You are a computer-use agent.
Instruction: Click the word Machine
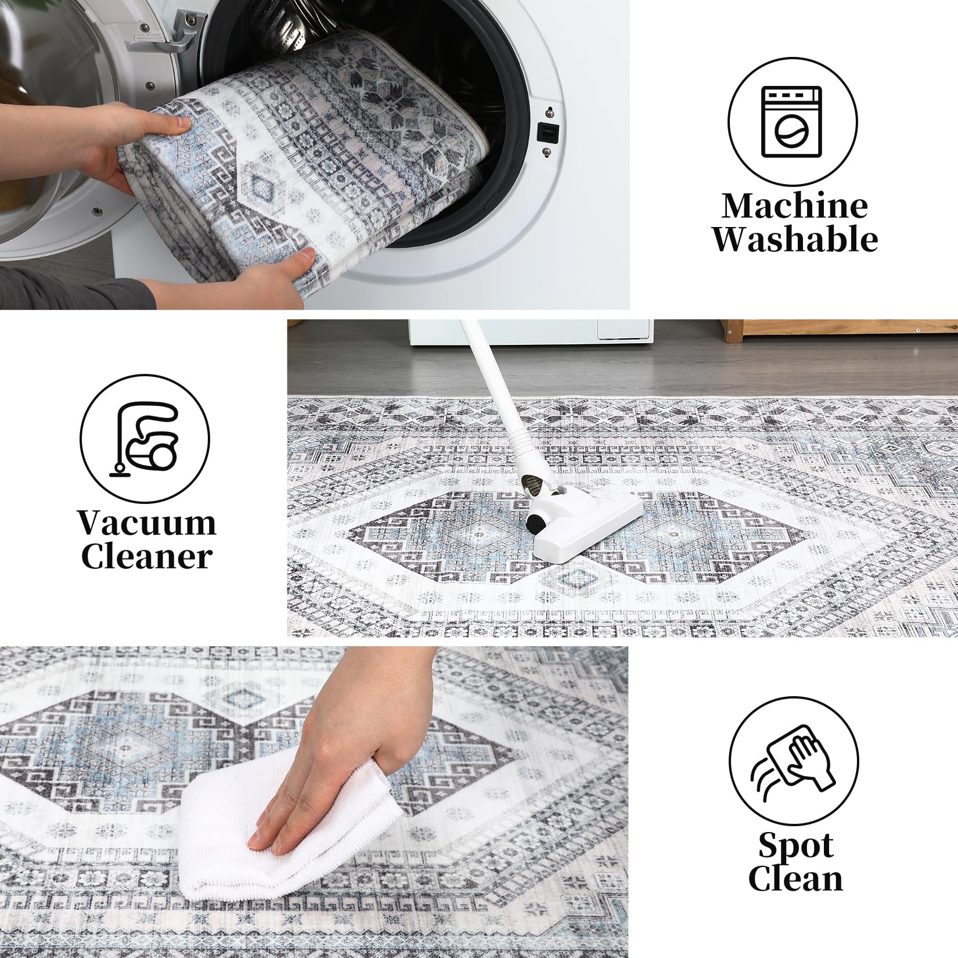[x=795, y=206]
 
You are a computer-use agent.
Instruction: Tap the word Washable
[x=795, y=239]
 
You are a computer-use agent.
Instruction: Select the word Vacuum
[x=147, y=523]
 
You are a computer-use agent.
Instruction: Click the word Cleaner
[x=146, y=557]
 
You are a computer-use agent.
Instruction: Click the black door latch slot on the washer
[x=546, y=132]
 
